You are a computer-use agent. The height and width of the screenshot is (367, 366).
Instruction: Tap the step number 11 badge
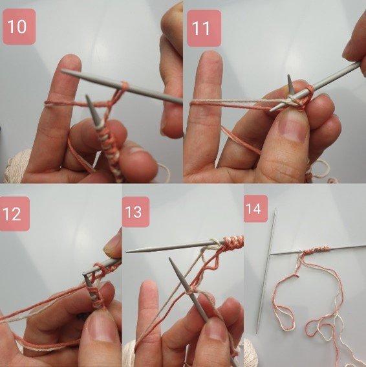pos(204,28)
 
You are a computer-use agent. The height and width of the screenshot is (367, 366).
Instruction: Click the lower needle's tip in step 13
pos(171,260)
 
